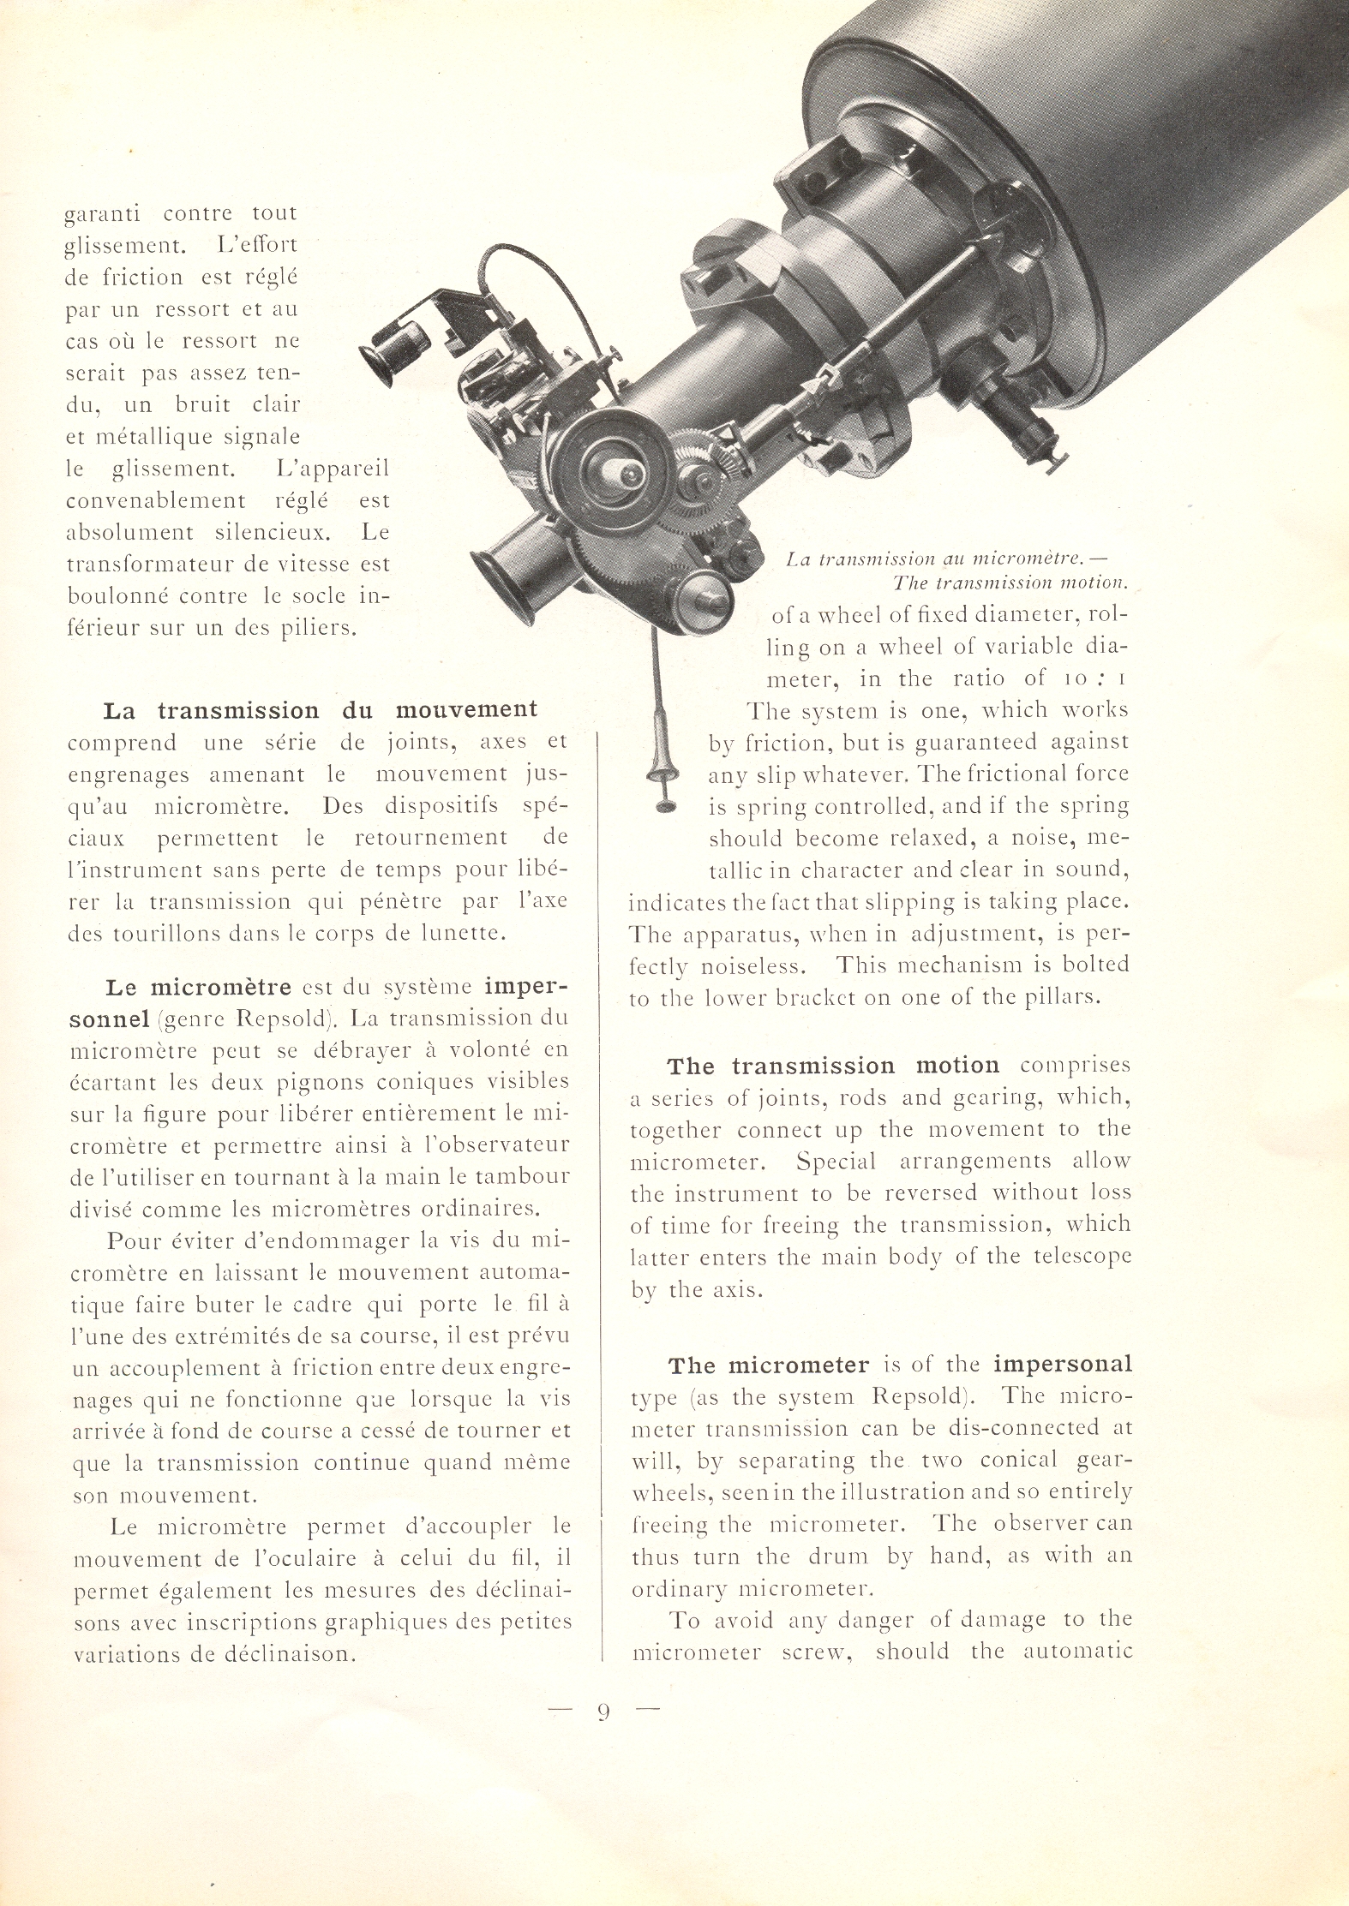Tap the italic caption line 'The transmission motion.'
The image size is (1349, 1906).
pos(1010,583)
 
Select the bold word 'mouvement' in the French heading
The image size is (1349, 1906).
pos(466,710)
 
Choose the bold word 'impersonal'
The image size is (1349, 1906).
pos(1064,1364)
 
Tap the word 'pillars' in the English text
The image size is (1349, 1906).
pos(1060,998)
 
